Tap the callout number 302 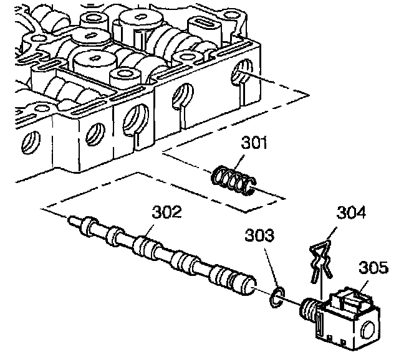(x=167, y=213)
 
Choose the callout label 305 (x=373, y=268)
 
